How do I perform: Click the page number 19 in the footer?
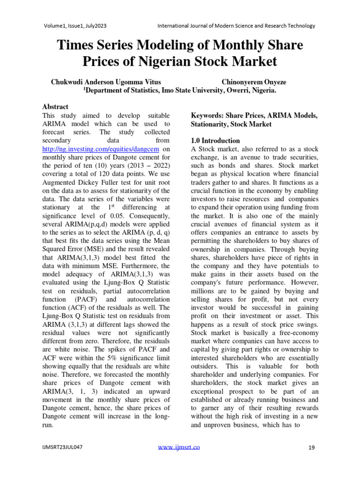(311, 448)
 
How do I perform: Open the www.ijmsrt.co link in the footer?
(179, 447)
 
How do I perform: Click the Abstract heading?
(55, 107)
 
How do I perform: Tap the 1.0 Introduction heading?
(215, 141)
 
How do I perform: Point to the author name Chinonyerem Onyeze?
(254, 82)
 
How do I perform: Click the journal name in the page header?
(236, 26)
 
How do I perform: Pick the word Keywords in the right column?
(207, 115)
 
